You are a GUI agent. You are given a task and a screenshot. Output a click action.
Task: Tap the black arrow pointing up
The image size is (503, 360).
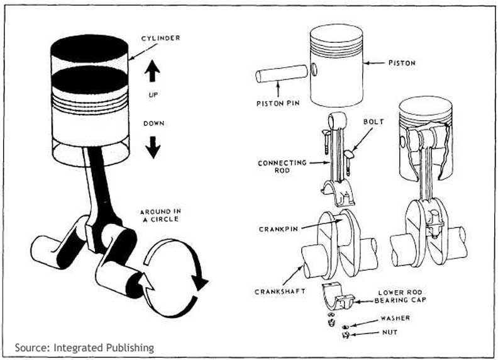[x=153, y=71]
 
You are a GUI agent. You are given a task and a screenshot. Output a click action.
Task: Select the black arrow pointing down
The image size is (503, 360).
[x=153, y=147]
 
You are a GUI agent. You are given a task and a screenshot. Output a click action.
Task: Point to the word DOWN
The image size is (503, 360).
[x=153, y=123]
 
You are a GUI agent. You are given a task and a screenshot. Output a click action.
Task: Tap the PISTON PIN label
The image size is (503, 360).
[x=277, y=103]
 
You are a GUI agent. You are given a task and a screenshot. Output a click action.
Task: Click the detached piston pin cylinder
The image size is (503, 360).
[x=281, y=74]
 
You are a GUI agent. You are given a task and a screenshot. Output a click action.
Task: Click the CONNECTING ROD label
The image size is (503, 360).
[x=282, y=167]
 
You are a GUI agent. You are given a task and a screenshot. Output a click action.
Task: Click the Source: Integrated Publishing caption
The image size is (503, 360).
[x=84, y=347]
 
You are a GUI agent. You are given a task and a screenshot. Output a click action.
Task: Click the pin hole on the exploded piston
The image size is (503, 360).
[x=312, y=69]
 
